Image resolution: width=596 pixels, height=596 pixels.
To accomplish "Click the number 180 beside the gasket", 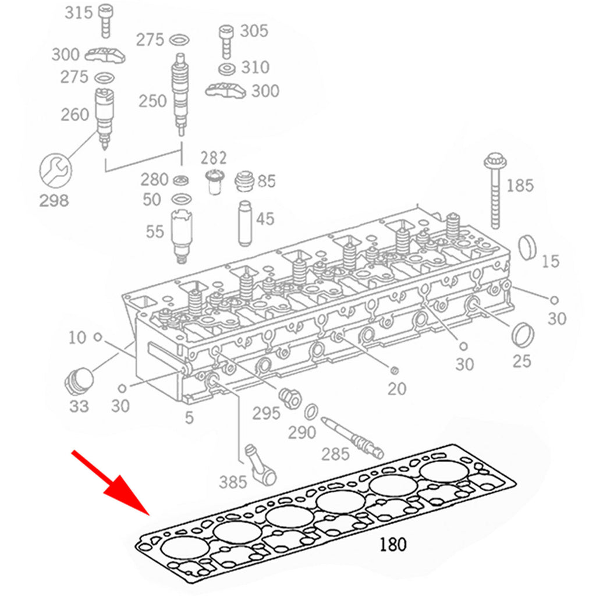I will pyautogui.click(x=393, y=545).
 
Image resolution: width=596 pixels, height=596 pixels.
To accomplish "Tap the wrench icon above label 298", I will pyautogui.click(x=54, y=171).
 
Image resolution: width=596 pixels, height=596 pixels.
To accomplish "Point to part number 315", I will pyautogui.click(x=78, y=12).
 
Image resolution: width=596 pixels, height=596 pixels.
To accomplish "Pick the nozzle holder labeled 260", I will pyautogui.click(x=104, y=116).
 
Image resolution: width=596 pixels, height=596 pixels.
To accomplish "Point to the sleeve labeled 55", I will pyautogui.click(x=183, y=236).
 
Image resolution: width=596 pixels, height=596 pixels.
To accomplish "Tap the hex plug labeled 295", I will pyautogui.click(x=289, y=398).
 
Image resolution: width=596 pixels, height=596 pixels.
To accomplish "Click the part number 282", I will pyautogui.click(x=214, y=157).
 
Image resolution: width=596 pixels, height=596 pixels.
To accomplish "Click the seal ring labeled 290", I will pyautogui.click(x=312, y=411).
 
